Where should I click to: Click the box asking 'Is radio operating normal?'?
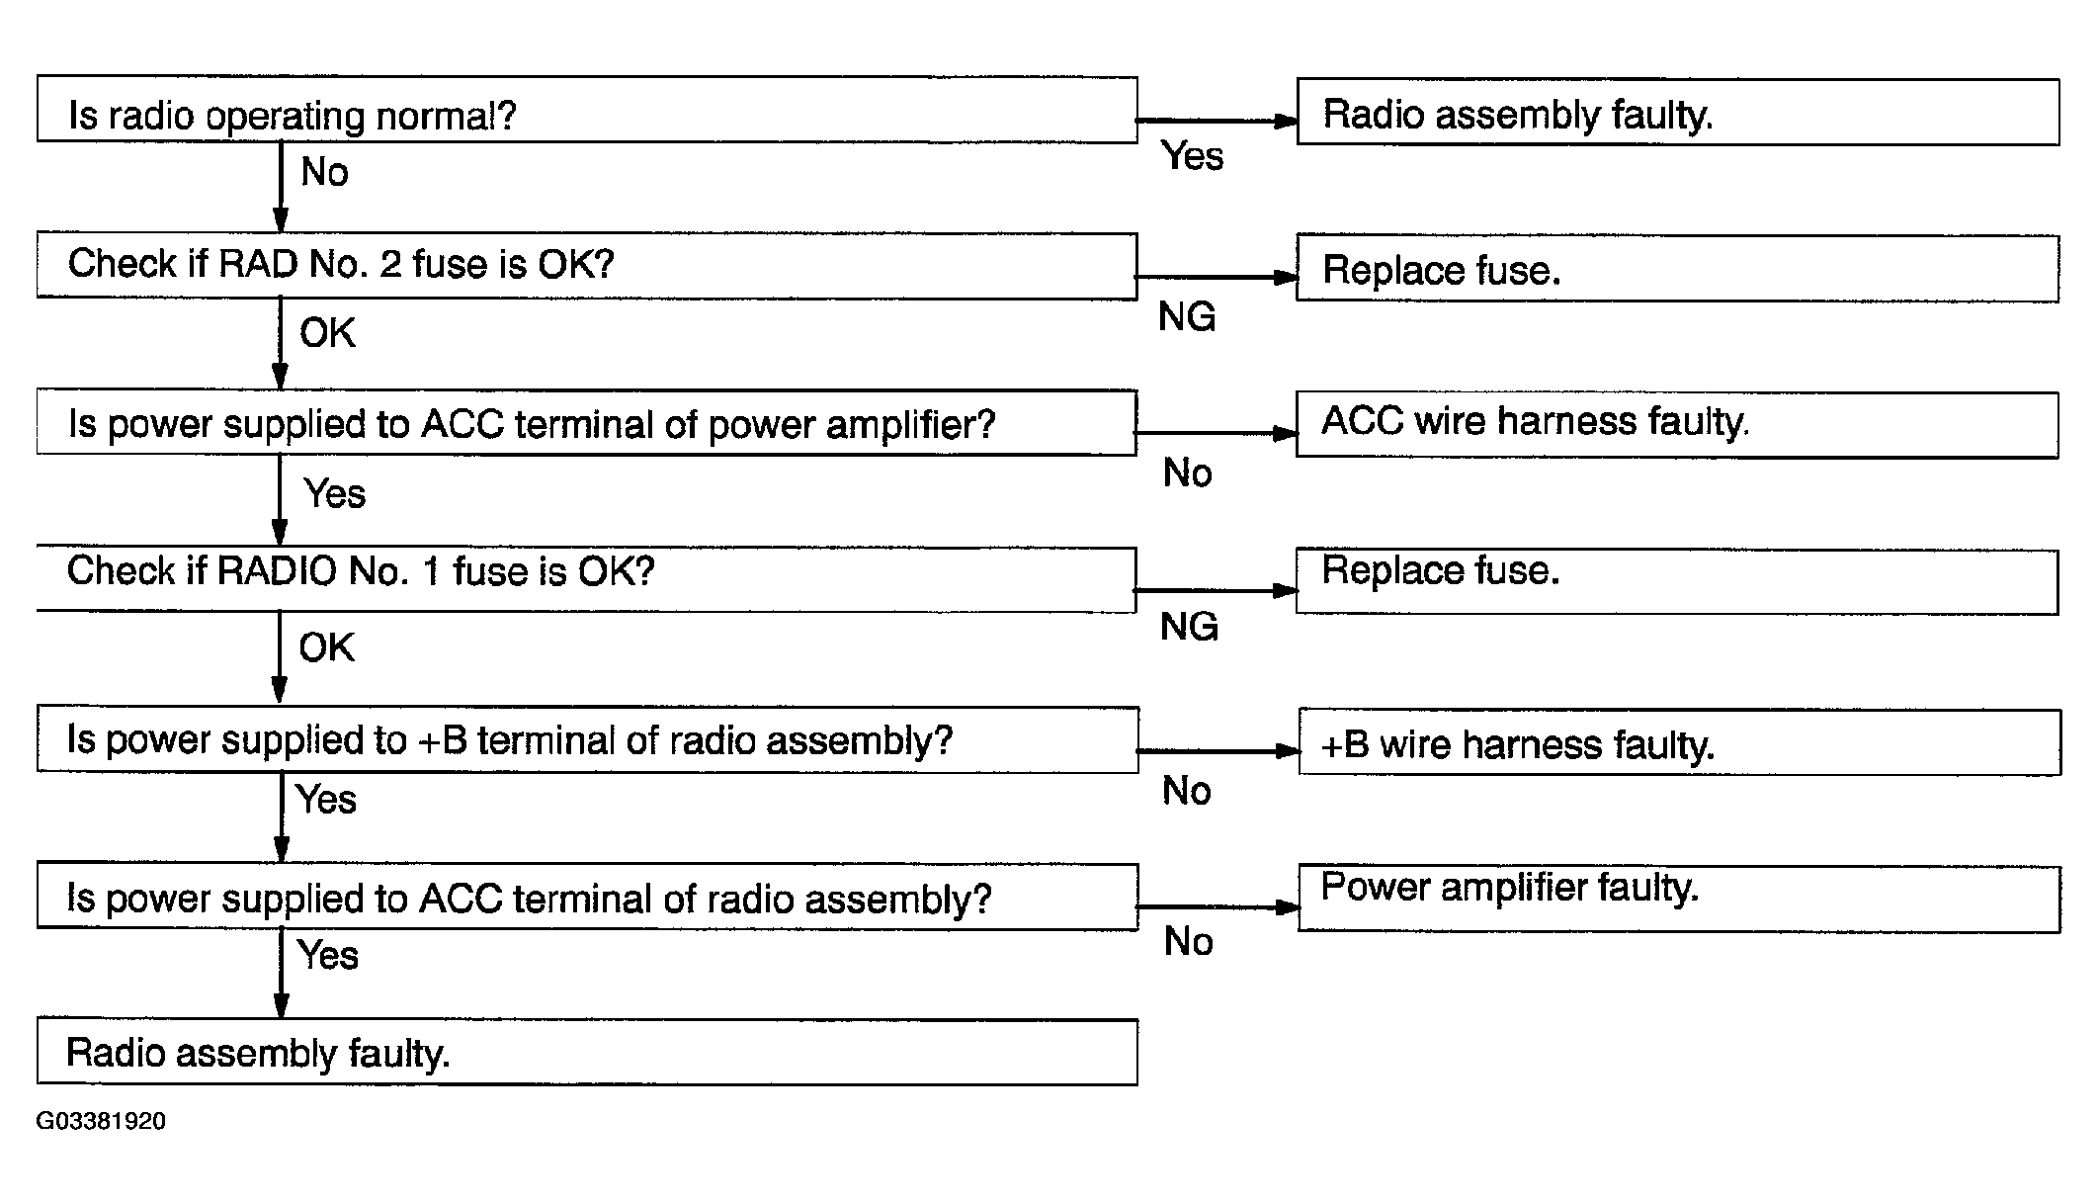tap(587, 110)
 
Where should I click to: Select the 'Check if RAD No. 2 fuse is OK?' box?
tap(587, 266)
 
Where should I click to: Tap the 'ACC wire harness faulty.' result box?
tap(1677, 425)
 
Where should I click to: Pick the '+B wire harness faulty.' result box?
tap(1679, 742)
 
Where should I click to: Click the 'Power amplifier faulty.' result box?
tap(1679, 899)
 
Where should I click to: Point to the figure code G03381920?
tap(101, 1121)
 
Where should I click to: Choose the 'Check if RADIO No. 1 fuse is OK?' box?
tap(587, 579)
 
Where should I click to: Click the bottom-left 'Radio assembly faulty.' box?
tap(587, 1052)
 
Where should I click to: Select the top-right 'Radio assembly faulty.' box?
tap(1678, 112)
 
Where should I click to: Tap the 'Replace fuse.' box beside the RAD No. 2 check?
tap(1677, 268)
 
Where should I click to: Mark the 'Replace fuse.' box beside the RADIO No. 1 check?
tap(1677, 582)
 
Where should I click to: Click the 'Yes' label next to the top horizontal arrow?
tap(1192, 156)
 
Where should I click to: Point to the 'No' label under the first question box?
tap(324, 172)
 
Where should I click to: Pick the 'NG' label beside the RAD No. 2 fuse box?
tap(1187, 317)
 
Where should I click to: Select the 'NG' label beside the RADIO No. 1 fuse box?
tap(1189, 627)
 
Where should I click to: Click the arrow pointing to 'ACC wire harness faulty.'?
tap(1217, 433)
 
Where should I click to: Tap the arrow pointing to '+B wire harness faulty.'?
tap(1218, 751)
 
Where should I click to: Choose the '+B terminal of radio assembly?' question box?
tap(588, 739)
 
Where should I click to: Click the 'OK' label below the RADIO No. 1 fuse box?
tap(326, 647)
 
